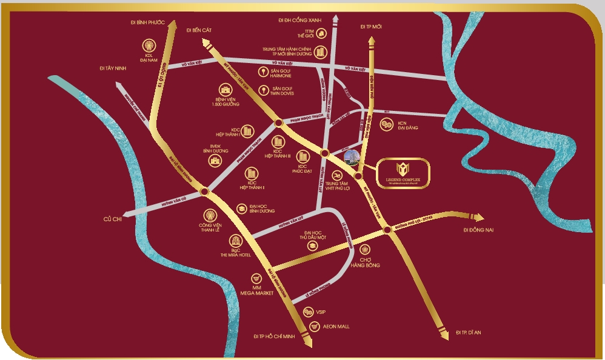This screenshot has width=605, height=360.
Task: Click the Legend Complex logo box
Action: point(404,174)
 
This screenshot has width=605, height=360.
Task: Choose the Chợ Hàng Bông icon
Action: point(364,249)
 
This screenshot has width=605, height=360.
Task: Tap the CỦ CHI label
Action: point(113,219)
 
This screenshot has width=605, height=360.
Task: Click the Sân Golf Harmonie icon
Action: point(263,73)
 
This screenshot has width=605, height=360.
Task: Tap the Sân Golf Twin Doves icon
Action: point(263,90)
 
